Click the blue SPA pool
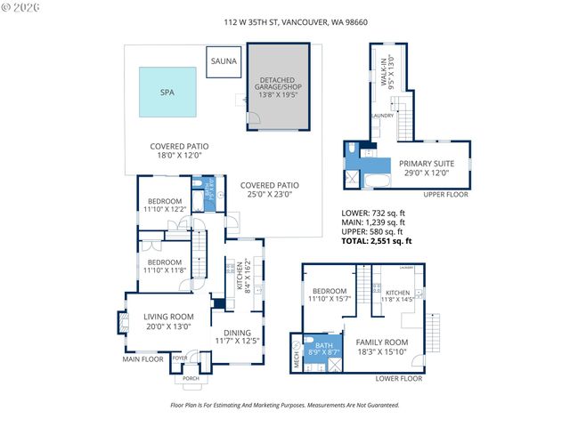click(x=167, y=92)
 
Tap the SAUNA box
click(x=223, y=60)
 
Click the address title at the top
click(x=284, y=26)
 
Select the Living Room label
click(x=168, y=321)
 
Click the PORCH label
click(x=191, y=379)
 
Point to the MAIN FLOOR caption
click(x=142, y=359)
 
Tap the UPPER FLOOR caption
click(x=446, y=194)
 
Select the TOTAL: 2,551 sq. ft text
click(x=377, y=241)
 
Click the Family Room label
click(x=382, y=347)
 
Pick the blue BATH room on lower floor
click(x=322, y=350)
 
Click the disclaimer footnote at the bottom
click(x=284, y=405)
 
